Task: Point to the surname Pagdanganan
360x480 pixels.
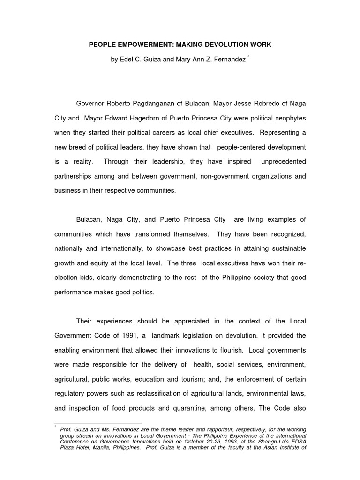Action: tap(162, 103)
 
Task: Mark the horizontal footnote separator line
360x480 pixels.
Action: tap(98, 423)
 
